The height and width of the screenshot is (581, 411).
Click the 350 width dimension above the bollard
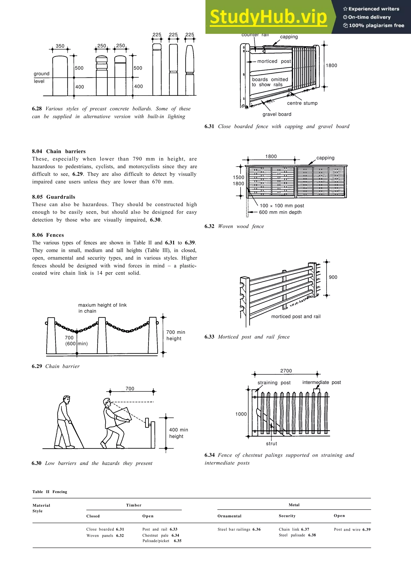(x=60, y=46)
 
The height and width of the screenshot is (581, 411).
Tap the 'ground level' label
(x=41, y=77)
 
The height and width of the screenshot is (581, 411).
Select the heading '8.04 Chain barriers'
(x=59, y=151)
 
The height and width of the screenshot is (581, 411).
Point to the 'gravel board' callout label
(x=277, y=114)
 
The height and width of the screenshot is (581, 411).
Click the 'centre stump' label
(x=302, y=103)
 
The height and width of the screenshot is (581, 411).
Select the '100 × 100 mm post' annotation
(x=282, y=206)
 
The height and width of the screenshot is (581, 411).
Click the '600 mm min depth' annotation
(x=280, y=212)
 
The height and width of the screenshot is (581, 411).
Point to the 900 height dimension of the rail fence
(x=333, y=277)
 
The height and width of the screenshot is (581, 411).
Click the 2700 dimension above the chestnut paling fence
(x=286, y=371)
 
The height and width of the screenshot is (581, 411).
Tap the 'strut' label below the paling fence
(x=272, y=444)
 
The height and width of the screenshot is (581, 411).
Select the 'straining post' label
(x=274, y=383)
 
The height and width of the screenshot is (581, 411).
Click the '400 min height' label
(x=179, y=433)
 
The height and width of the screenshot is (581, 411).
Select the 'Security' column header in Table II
(x=287, y=516)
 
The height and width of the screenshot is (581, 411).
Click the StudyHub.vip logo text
(x=269, y=17)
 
